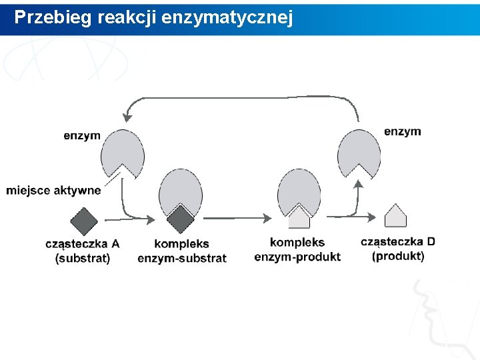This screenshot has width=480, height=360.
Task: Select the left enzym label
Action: (x=82, y=135)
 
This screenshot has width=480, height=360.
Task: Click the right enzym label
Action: (x=402, y=131)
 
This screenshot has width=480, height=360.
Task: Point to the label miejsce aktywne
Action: (x=53, y=191)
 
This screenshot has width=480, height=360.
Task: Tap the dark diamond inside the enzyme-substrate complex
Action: (x=179, y=218)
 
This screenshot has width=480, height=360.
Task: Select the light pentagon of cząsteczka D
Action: (x=396, y=217)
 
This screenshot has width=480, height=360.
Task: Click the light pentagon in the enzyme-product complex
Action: (x=299, y=217)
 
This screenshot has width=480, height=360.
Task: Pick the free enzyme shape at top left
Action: (x=121, y=153)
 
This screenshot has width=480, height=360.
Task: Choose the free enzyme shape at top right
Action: (x=361, y=151)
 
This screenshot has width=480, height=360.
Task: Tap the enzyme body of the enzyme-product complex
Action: (x=299, y=189)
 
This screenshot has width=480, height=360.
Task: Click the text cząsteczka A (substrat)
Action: (x=83, y=251)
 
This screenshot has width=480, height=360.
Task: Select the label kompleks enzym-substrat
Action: (x=182, y=251)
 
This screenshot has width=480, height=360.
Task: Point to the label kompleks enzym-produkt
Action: (x=297, y=250)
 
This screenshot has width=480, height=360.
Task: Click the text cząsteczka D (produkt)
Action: (x=398, y=249)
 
